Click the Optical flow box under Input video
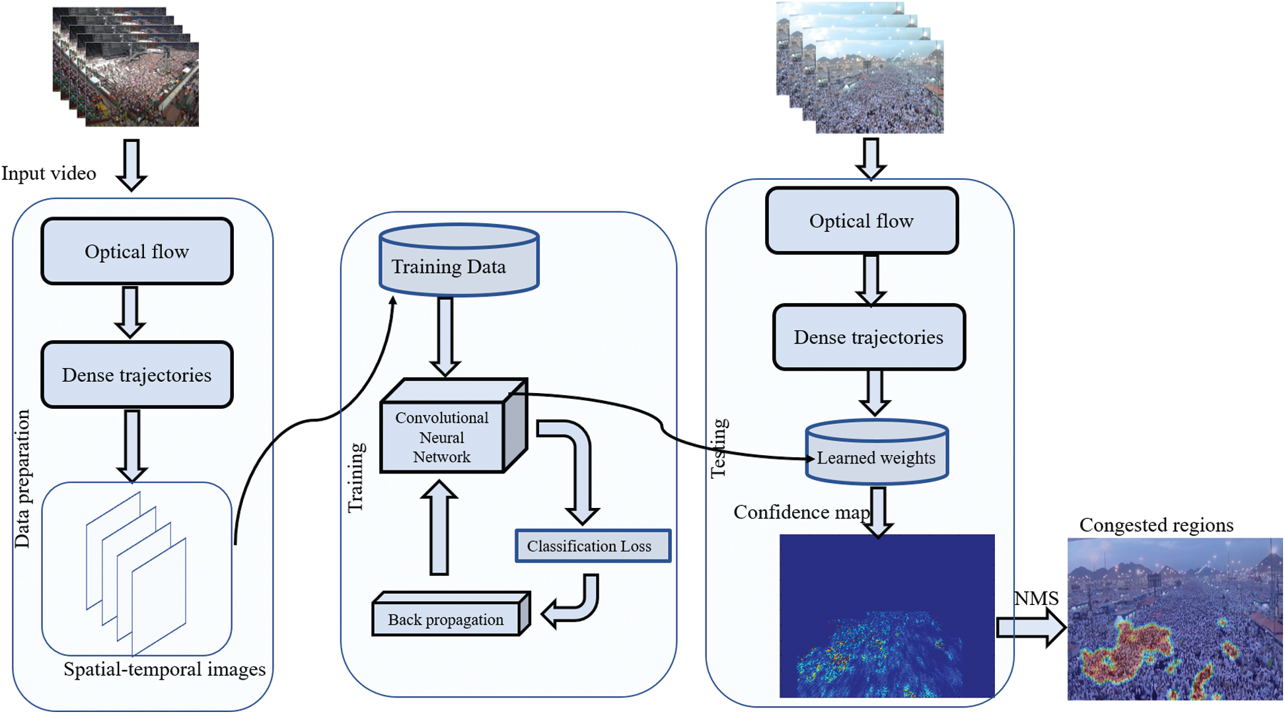(137, 251)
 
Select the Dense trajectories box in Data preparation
(137, 375)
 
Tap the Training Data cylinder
(459, 260)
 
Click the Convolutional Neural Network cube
(454, 425)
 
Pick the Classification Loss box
(593, 546)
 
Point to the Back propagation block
(451, 614)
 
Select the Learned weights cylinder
(877, 452)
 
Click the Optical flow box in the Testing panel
(862, 221)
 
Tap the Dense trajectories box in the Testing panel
(869, 337)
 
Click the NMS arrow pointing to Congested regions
(1031, 627)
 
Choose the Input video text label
(49, 173)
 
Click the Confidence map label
(802, 513)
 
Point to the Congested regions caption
(1156, 525)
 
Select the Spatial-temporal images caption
(165, 669)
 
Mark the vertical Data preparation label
(22, 479)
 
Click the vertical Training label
(356, 478)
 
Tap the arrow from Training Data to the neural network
(445, 337)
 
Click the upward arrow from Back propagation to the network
(439, 527)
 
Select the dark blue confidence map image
(887, 616)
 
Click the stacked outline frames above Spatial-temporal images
(136, 573)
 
